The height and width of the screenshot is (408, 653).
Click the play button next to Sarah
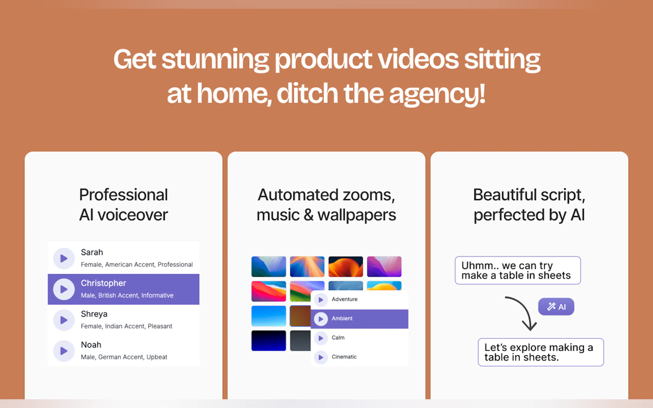(x=64, y=258)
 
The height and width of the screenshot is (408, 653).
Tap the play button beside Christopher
(x=64, y=289)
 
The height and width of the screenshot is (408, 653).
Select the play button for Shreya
(x=64, y=320)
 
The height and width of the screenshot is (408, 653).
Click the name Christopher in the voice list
(x=103, y=283)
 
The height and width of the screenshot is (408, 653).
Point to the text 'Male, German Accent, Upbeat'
(x=124, y=357)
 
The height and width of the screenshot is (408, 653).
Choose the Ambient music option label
(x=342, y=318)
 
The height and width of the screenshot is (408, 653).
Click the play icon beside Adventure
(x=321, y=300)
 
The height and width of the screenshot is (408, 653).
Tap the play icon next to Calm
(x=321, y=338)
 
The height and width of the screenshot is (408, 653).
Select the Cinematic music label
(x=344, y=357)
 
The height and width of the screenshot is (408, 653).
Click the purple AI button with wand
(x=556, y=307)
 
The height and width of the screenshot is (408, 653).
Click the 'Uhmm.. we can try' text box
(x=518, y=270)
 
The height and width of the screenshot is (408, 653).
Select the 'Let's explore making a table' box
(x=541, y=352)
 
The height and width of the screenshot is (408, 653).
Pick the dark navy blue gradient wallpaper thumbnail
(x=269, y=340)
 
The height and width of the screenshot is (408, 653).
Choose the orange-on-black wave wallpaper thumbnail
(x=346, y=267)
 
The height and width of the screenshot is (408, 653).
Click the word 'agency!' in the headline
(x=437, y=95)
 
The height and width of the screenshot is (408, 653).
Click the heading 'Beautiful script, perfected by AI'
(x=529, y=205)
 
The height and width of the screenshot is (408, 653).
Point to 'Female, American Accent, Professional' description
(x=137, y=264)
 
